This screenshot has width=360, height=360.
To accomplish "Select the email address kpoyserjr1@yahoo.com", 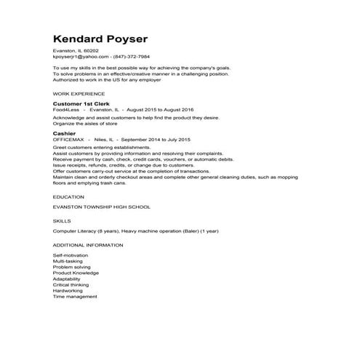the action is point(81,56).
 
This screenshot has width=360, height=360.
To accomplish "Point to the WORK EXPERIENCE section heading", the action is point(77,95).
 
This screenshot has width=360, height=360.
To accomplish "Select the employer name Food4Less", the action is point(65,110).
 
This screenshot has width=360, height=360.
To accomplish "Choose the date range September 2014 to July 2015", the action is point(155,139).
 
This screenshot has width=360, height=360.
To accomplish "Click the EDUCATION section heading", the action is point(68,197).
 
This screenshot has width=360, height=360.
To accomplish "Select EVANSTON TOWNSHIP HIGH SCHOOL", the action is point(101,207).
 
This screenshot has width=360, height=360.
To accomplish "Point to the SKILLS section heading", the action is point(62,219).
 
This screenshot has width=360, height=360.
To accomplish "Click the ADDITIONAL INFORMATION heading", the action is point(88,245).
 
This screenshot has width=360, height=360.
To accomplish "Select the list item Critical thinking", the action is point(71,285).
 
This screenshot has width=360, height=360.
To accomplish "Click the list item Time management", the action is point(75,297).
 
